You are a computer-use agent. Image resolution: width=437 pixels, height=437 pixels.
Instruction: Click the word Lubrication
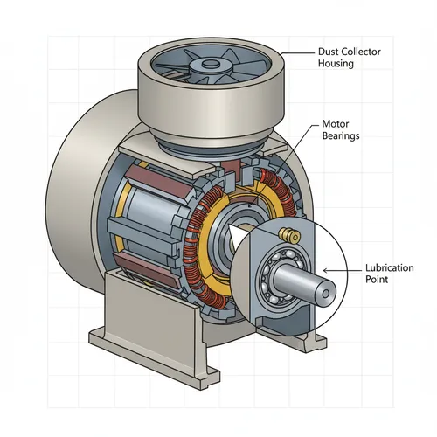point(389,267)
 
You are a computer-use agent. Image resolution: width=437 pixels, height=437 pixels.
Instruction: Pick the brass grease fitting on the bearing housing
point(287,233)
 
